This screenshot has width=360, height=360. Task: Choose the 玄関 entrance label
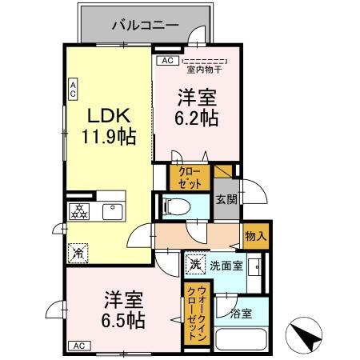click(224, 201)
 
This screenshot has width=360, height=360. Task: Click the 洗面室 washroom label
click(226, 265)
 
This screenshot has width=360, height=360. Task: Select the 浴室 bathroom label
click(241, 313)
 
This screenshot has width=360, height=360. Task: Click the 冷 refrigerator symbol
click(78, 252)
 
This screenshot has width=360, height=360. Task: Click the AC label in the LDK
click(72, 88)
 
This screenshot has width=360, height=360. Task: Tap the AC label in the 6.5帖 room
click(78, 346)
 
